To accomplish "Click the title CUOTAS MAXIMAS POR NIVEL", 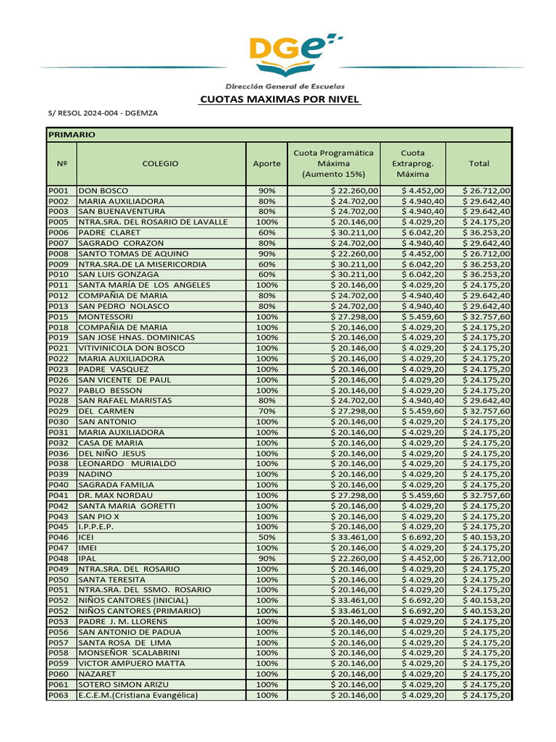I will pyautogui.click(x=279, y=99).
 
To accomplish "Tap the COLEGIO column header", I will pyautogui.click(x=161, y=164).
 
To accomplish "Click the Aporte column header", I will pyautogui.click(x=266, y=164).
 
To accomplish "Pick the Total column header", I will pyautogui.click(x=479, y=164).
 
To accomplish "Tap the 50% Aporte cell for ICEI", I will pyautogui.click(x=266, y=538).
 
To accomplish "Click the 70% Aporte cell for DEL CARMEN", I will pyautogui.click(x=266, y=412).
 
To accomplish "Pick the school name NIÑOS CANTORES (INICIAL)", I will pyautogui.click(x=133, y=601).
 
